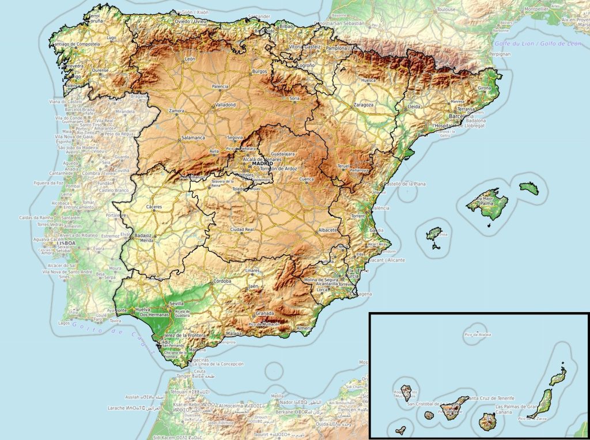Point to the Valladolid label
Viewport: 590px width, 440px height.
pyautogui.click(x=225, y=105)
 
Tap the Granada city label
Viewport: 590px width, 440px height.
pyautogui.click(x=264, y=313)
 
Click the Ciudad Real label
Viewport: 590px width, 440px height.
pyautogui.click(x=243, y=230)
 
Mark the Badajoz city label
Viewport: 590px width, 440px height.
pyautogui.click(x=142, y=236)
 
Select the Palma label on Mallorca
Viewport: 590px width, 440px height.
pyautogui.click(x=487, y=203)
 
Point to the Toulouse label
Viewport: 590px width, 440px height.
pyautogui.click(x=446, y=10)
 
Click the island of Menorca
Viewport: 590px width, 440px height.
pyautogui.click(x=528, y=188)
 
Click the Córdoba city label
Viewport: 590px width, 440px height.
pyautogui.click(x=222, y=281)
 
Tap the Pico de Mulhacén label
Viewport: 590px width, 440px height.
pyautogui.click(x=264, y=325)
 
